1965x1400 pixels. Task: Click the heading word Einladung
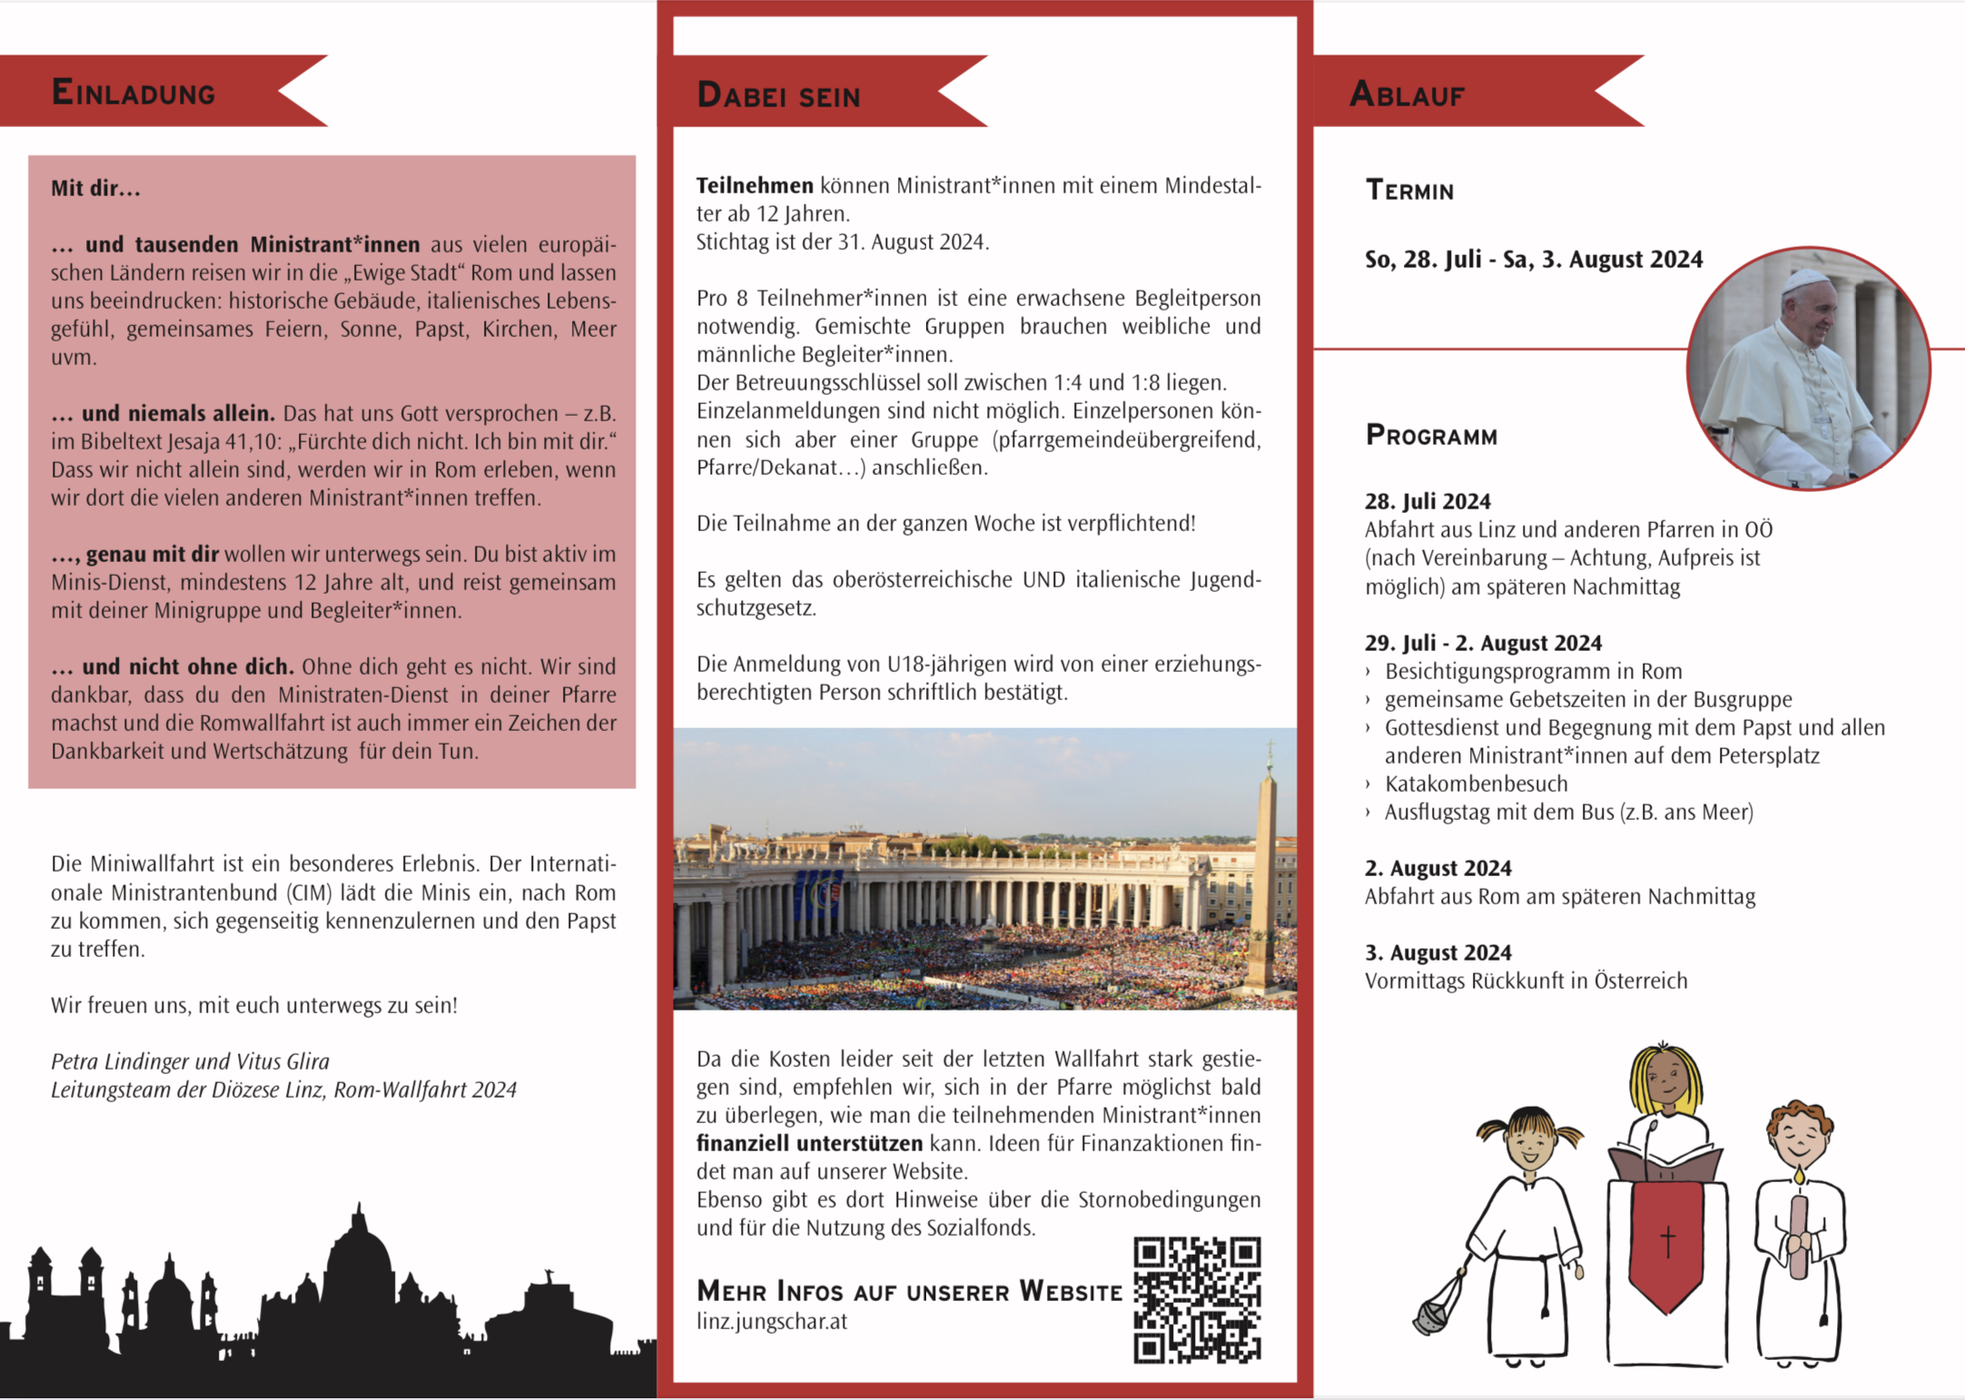(133, 93)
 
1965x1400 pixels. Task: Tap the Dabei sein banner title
(778, 95)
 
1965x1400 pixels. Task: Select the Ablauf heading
(1407, 94)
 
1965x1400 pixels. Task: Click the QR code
(1197, 1299)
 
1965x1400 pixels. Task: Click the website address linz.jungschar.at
(772, 1322)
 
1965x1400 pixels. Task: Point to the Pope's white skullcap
(1804, 280)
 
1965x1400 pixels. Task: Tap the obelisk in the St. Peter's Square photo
(1263, 872)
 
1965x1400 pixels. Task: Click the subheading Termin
(1409, 191)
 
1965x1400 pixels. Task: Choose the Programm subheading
(1431, 436)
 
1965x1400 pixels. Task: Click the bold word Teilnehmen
(755, 186)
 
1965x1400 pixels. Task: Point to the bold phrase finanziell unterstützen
(809, 1144)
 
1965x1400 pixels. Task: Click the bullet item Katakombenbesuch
(1476, 784)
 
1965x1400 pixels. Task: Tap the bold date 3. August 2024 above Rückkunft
(1437, 952)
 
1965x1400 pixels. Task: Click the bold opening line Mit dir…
(95, 189)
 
